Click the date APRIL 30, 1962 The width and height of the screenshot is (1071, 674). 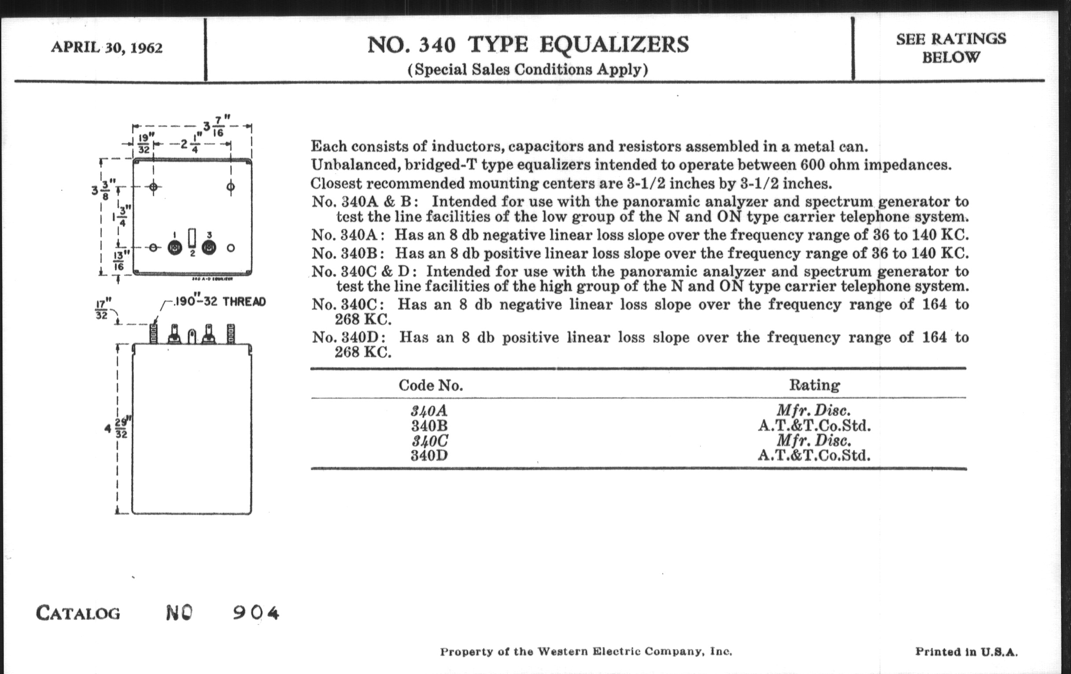(107, 47)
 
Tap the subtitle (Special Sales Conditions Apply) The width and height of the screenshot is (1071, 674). (528, 70)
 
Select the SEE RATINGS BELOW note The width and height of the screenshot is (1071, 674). (950, 48)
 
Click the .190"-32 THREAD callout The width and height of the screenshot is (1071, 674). (220, 302)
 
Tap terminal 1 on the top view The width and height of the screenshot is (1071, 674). (175, 248)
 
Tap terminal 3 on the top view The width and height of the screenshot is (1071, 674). (209, 248)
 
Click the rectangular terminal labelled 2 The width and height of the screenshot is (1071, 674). (192, 238)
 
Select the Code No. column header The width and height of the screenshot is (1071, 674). (431, 385)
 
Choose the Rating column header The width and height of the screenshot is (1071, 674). (814, 385)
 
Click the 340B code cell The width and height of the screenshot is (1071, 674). (429, 426)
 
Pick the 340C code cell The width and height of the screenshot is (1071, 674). (429, 441)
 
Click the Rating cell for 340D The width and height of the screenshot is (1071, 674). (814, 456)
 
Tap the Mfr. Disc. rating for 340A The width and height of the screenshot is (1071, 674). (814, 410)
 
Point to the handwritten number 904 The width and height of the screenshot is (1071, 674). (256, 613)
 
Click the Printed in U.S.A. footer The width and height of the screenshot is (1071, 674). (966, 652)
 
